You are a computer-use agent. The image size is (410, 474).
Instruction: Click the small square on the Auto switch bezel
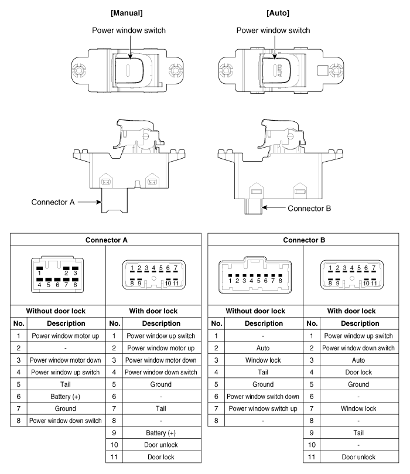[322, 70]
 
